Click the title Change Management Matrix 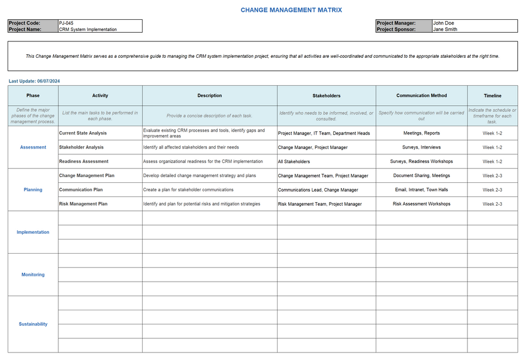(291, 10)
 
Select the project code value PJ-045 (66, 23)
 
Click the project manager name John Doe (443, 23)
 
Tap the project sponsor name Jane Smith (445, 29)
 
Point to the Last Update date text (34, 81)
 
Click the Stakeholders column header (326, 96)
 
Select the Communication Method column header (421, 96)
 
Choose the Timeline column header (492, 96)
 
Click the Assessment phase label (33, 147)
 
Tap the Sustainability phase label (33, 324)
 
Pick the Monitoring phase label (33, 275)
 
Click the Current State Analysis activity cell (82, 133)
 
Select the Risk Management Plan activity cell (83, 204)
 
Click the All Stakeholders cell (294, 161)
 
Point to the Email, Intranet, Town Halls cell (421, 190)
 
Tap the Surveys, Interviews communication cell (421, 147)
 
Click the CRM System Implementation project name (88, 29)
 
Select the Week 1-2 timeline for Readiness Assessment (492, 161)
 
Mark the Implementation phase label (33, 232)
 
